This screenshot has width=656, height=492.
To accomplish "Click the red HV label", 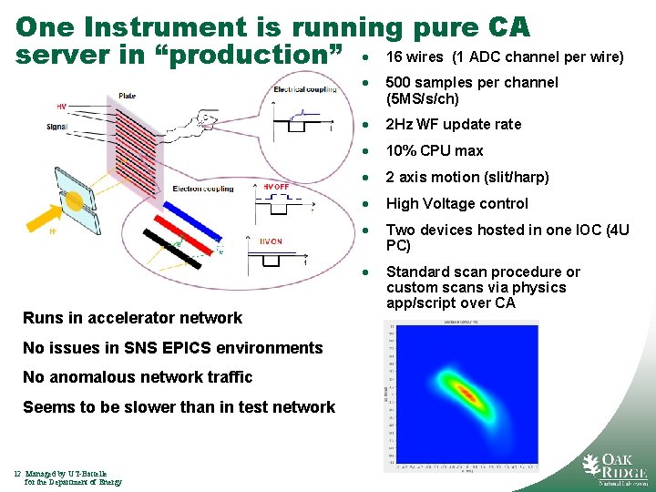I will pos(61,107).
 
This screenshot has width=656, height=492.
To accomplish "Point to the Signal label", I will pos(56,127).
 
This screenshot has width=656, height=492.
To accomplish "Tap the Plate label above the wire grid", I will pos(128,97).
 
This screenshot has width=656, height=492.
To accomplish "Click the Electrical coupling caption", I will pos(304,89).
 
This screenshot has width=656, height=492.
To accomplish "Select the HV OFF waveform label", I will pos(276,187).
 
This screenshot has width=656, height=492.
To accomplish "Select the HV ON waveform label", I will pos(271,241).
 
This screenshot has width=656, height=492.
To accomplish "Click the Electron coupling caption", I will pos(202,189).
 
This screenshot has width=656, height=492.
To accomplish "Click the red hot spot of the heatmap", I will pos(466,394).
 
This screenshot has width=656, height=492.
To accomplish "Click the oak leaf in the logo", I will pos(594,466).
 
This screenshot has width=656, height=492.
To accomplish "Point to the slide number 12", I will pos(17,473).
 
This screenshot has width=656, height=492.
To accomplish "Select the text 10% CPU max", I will pos(435,150).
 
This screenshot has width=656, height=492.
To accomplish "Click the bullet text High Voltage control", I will pos(456,203).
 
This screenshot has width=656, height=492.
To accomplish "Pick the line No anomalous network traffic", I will pos(138,377).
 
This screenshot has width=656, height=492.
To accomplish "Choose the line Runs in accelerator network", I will pos(132,318).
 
